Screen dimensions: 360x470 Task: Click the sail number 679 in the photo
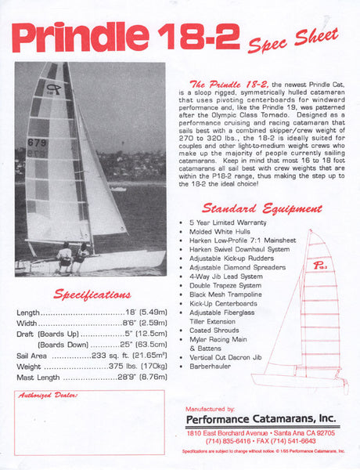coord(37,143)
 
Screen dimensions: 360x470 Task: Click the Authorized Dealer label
coord(49,396)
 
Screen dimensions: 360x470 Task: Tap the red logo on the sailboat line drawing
coord(319,265)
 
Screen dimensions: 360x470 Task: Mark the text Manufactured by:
coord(210,409)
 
